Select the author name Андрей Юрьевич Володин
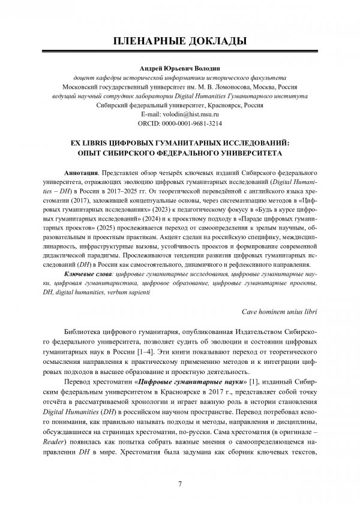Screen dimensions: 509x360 coord(179,68)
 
